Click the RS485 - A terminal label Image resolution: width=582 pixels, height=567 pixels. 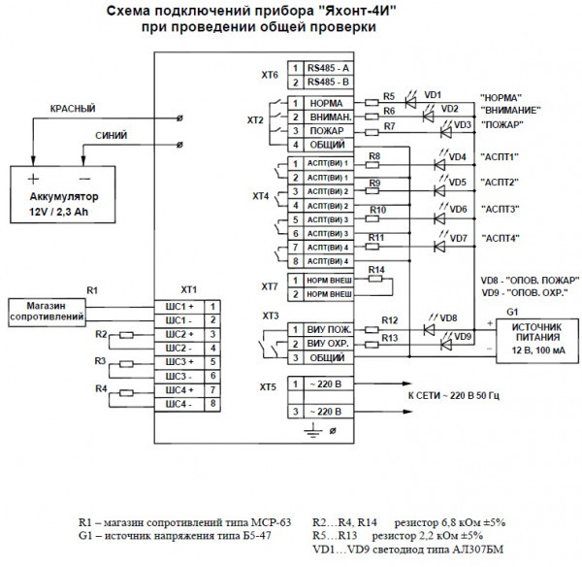tap(329, 68)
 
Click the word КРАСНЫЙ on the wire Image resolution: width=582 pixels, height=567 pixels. tap(71, 108)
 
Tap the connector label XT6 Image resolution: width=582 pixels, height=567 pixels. tap(270, 74)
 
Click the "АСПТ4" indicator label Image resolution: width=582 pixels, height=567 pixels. tap(500, 238)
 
